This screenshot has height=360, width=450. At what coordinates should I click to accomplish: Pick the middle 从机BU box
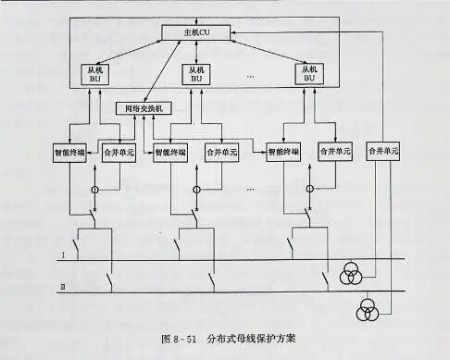[x=195, y=73]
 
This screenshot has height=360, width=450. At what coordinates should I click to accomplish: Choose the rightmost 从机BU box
[x=309, y=73]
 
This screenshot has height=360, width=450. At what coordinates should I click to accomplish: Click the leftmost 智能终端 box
[x=70, y=150]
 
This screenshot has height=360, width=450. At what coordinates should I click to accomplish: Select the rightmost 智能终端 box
[x=285, y=150]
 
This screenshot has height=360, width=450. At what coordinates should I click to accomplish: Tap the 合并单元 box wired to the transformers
[x=381, y=150]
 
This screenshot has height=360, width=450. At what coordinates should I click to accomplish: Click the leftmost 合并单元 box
[x=119, y=150]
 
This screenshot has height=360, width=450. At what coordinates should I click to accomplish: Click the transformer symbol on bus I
[x=351, y=274]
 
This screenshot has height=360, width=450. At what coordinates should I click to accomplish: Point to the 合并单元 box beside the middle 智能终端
[x=221, y=150]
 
